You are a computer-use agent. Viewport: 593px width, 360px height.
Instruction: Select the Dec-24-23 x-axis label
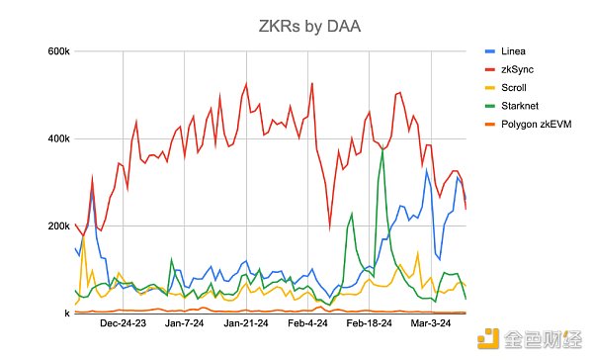[124, 323]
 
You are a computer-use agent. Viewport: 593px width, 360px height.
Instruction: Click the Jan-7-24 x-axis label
[185, 323]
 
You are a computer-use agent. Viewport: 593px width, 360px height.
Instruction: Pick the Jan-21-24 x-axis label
[247, 323]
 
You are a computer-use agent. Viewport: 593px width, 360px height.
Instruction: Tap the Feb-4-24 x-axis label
[307, 323]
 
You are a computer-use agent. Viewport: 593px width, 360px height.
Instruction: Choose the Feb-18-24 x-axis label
[371, 323]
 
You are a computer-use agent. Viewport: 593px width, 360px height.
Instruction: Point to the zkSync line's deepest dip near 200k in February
[330, 227]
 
